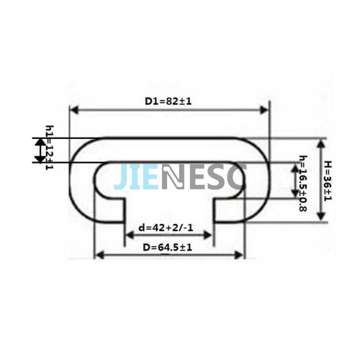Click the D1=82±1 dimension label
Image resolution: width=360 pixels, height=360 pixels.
(x=168, y=102)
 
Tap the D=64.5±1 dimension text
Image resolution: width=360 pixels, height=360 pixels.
(x=168, y=248)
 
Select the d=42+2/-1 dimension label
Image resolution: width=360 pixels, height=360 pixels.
(x=166, y=228)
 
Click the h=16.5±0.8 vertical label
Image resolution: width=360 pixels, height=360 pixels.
(x=303, y=184)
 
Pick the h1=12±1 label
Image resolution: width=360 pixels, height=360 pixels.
(x=50, y=148)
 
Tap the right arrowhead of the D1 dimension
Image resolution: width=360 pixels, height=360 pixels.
(x=264, y=110)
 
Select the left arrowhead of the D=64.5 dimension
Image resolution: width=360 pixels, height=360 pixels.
(x=100, y=255)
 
